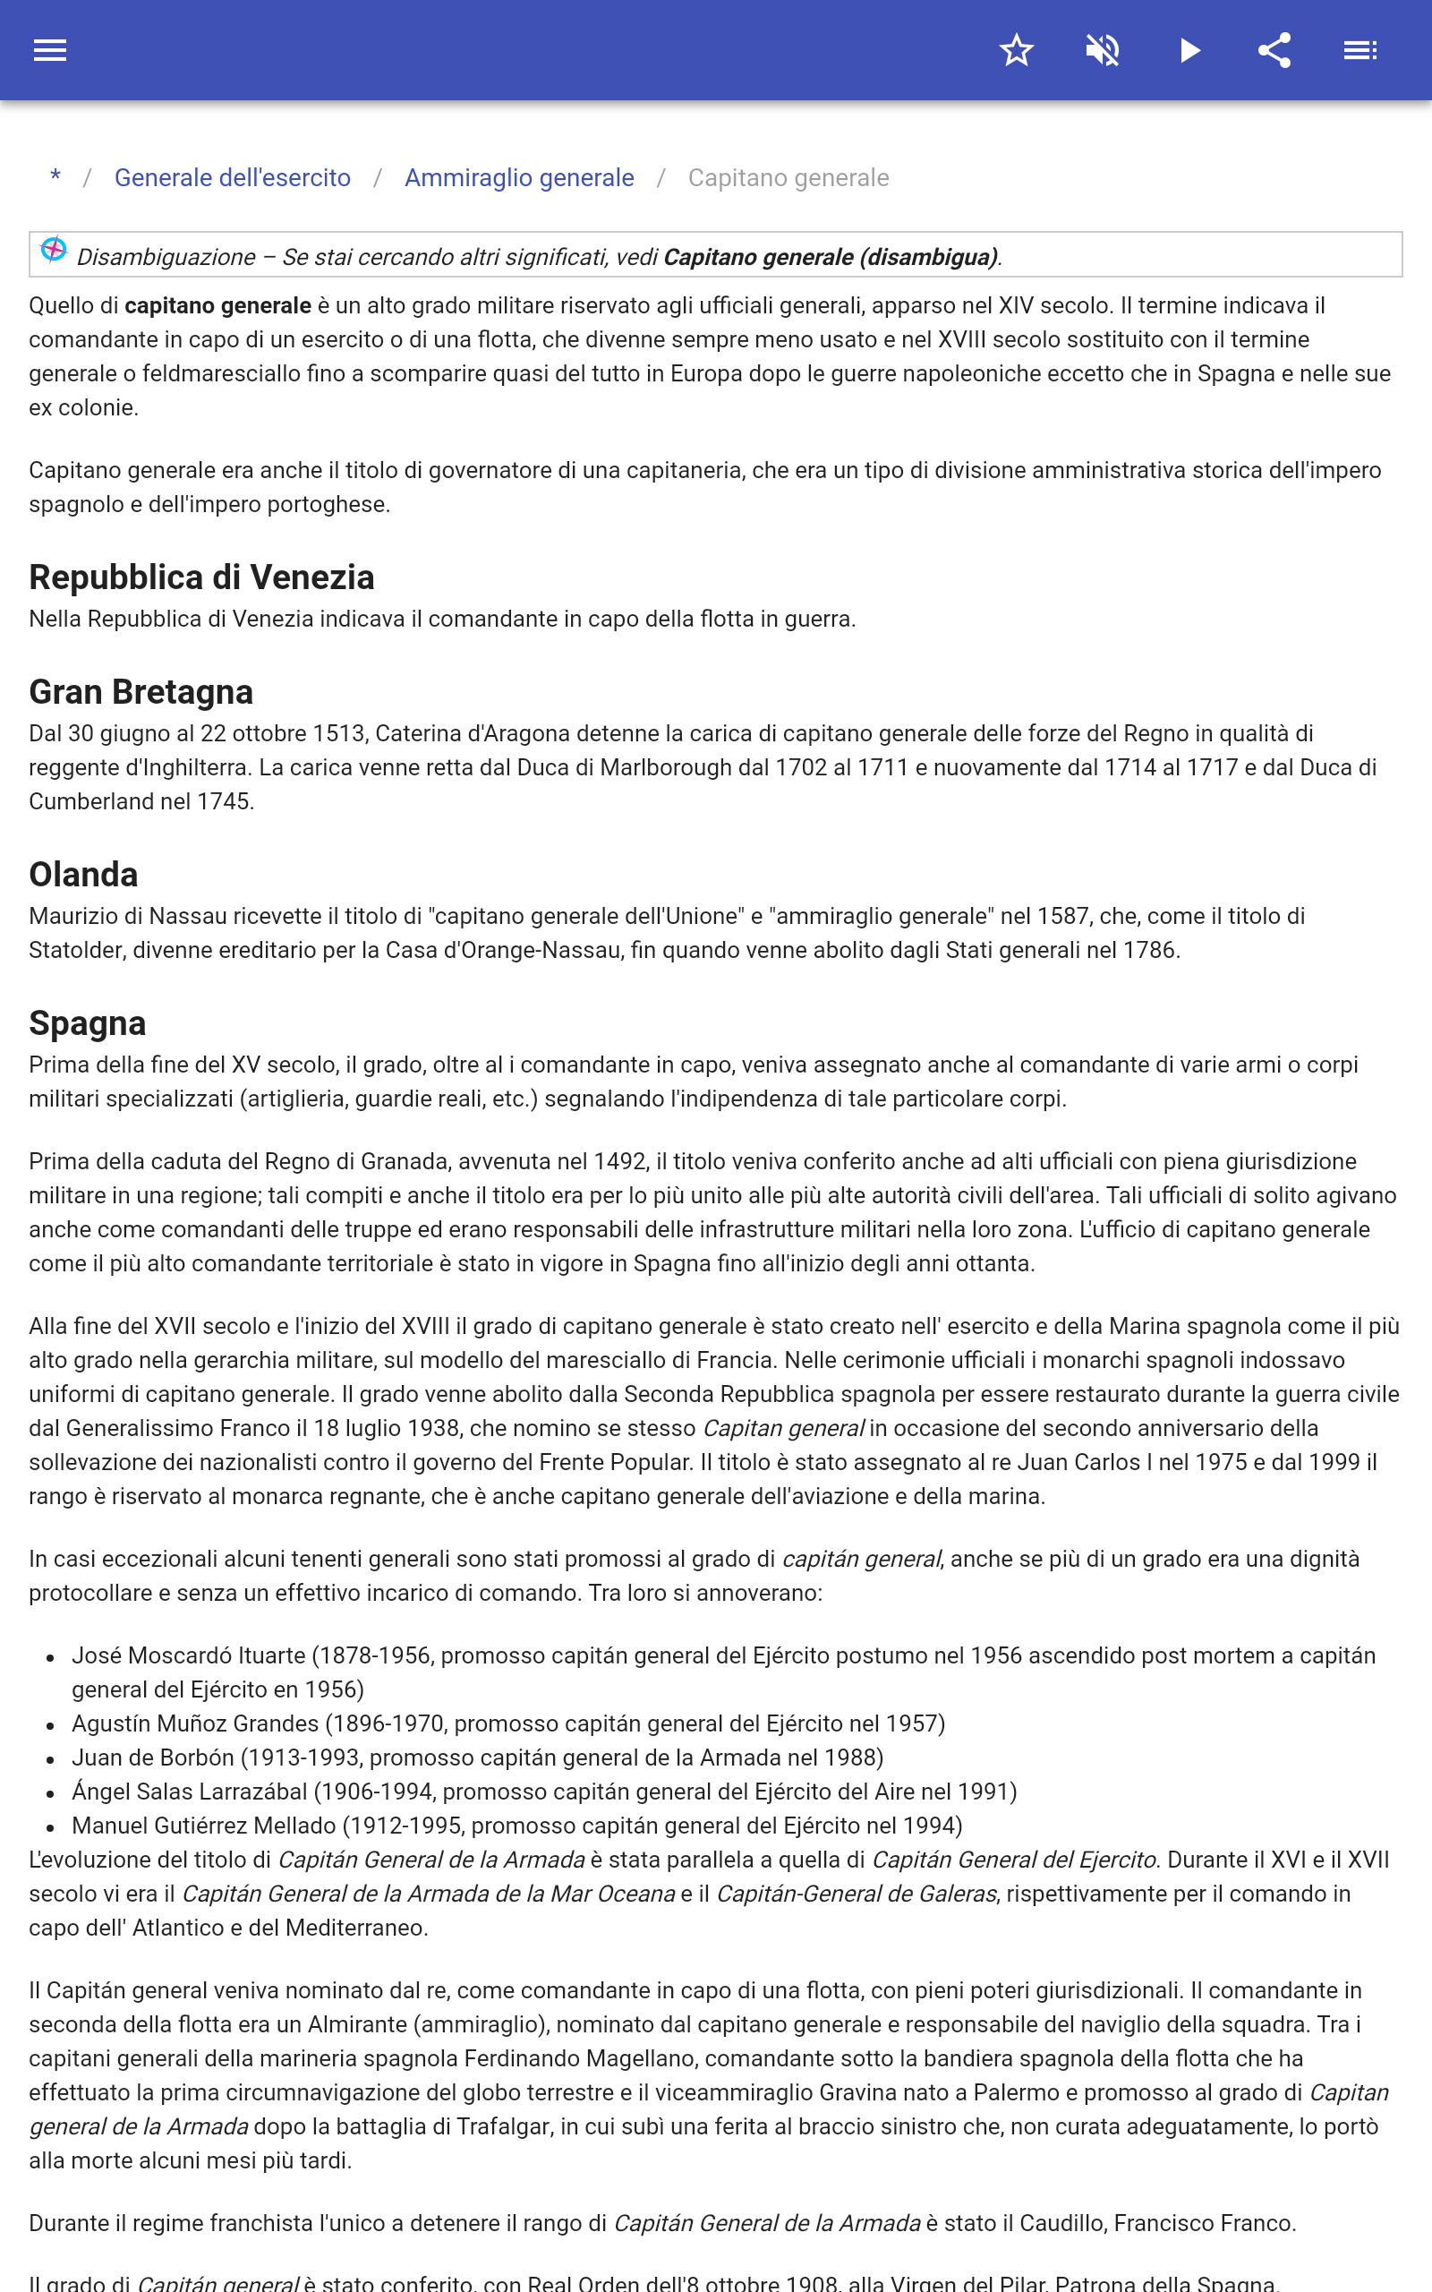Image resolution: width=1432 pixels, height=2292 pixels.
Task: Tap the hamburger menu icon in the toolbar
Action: point(50,50)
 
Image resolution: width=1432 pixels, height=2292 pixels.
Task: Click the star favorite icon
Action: point(1016,50)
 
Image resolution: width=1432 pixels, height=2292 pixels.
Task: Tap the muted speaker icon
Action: point(1103,50)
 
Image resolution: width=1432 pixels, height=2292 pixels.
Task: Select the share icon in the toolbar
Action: point(1274,50)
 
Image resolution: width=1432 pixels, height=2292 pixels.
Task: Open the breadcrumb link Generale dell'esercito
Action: point(232,178)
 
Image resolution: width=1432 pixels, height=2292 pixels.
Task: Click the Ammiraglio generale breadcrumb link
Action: point(519,178)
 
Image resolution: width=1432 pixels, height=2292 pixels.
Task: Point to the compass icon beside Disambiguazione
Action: point(54,250)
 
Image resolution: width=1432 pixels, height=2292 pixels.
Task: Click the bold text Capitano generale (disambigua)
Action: point(830,257)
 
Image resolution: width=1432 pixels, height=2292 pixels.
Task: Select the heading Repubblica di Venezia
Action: point(201,577)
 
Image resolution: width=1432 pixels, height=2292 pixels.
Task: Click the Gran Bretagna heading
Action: point(141,692)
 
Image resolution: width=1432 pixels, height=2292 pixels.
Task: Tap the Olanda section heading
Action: point(83,875)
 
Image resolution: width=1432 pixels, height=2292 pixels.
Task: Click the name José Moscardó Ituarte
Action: point(189,1655)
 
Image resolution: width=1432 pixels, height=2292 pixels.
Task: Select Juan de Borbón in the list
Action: point(152,1757)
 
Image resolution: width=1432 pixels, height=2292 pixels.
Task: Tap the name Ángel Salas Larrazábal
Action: point(190,1792)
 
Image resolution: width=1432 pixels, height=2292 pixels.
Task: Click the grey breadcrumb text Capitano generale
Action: point(788,178)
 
